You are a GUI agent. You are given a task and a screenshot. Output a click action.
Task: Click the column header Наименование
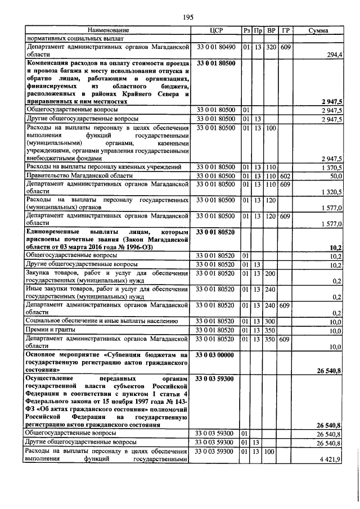[x=108, y=30]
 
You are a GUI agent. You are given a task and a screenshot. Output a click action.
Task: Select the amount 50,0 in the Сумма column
[x=335, y=176]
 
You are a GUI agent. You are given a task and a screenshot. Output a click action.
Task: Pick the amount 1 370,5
[x=332, y=168]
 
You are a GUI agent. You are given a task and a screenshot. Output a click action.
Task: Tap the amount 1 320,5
[x=332, y=192]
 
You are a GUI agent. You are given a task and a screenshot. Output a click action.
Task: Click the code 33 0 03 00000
[x=217, y=355]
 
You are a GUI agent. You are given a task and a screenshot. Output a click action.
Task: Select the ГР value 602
[x=285, y=176]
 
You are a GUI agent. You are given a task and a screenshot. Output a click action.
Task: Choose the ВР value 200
[x=271, y=273]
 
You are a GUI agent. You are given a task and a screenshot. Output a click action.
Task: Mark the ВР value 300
[x=271, y=321]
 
